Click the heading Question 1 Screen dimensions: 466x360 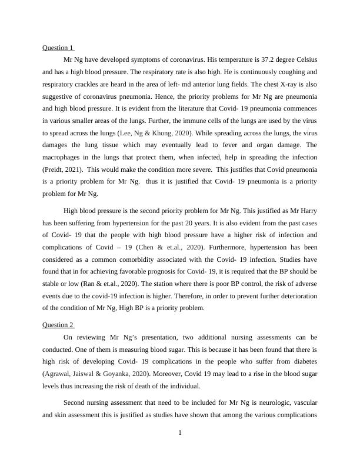tap(58, 47)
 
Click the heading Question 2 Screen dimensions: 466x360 tap(58, 325)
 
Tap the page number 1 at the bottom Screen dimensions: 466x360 tap(180, 433)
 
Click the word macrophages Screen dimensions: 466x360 tap(62, 157)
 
